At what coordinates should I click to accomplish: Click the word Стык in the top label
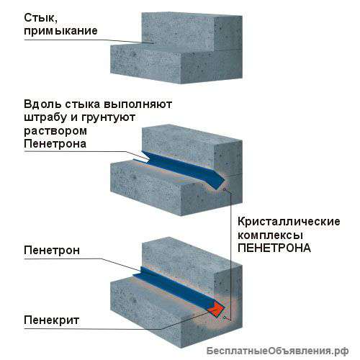40,18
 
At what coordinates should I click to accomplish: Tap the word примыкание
60,31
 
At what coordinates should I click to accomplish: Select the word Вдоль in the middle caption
40,104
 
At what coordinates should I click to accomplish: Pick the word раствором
55,132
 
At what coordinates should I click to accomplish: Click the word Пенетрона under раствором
55,144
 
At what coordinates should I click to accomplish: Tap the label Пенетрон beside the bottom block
52,251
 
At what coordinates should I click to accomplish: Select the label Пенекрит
52,320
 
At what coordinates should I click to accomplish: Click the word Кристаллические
289,221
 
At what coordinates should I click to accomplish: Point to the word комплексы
270,235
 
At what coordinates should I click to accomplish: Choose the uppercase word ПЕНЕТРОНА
274,248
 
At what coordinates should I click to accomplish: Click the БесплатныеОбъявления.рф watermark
277,351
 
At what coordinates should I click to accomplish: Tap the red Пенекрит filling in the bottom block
216,309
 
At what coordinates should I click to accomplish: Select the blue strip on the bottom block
178,288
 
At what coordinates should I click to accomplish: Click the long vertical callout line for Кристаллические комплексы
230,257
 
